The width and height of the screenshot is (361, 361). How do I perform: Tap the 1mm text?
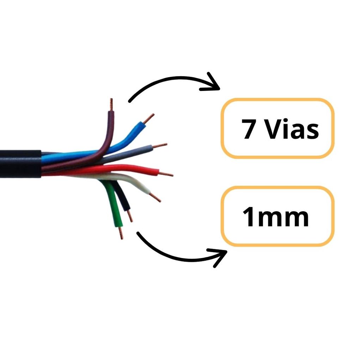pos(276,217)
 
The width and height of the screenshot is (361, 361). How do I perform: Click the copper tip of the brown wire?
pos(111,105)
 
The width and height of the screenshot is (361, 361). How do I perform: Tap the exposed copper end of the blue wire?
pos(148,118)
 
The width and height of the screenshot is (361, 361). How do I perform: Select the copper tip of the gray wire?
pos(160,146)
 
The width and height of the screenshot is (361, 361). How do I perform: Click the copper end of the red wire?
pos(166,174)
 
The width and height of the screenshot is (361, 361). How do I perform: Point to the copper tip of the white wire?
pos(155,197)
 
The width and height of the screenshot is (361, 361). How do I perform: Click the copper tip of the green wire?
pos(121,233)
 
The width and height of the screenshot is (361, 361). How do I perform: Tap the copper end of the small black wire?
pos(130,216)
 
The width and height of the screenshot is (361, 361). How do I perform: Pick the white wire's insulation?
pos(129,181)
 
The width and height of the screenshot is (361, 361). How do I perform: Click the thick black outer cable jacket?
pos(20,164)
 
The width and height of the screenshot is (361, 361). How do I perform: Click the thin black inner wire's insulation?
pos(121,195)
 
